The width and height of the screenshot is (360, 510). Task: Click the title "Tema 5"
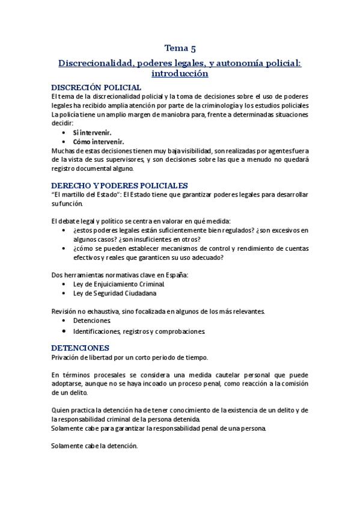(x=180, y=49)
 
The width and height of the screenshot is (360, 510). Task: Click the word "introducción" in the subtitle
(x=180, y=73)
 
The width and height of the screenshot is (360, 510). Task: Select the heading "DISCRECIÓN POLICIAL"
(x=96, y=87)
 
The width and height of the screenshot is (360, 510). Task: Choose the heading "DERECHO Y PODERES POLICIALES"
(x=120, y=185)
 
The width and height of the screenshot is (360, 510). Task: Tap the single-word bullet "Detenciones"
(x=92, y=321)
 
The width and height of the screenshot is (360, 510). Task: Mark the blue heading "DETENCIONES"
(x=80, y=348)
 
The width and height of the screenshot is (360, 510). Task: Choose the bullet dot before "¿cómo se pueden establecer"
(x=64, y=248)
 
